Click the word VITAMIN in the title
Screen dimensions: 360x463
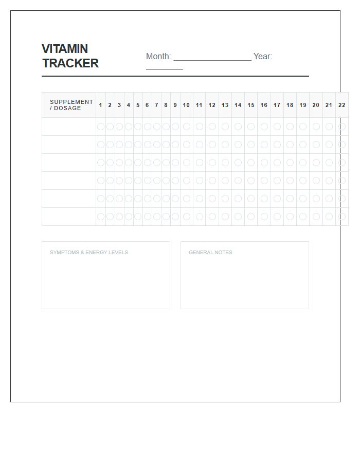pyautogui.click(x=65, y=49)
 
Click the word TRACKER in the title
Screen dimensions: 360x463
pyautogui.click(x=70, y=63)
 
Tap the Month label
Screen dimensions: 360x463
pyautogui.click(x=158, y=57)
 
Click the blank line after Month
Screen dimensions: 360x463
pyautogui.click(x=212, y=58)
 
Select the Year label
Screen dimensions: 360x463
pyautogui.click(x=262, y=57)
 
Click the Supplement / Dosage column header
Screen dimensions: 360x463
pyautogui.click(x=71, y=105)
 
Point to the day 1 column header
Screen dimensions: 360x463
pyautogui.click(x=101, y=105)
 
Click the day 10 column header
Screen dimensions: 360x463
pyautogui.click(x=186, y=105)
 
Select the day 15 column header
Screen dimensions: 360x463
pyautogui.click(x=251, y=105)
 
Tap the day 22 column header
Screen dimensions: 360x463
pyautogui.click(x=342, y=105)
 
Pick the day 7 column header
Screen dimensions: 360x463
pyautogui.click(x=156, y=105)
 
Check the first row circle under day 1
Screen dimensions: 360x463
pyautogui.click(x=101, y=127)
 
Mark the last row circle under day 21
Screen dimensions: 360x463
pyautogui.click(x=329, y=217)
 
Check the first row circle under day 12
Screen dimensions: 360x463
pyautogui.click(x=212, y=127)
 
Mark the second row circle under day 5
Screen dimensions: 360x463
pyautogui.click(x=138, y=145)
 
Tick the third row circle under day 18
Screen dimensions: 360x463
pyautogui.click(x=290, y=163)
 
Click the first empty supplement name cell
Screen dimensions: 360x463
pyautogui.click(x=69, y=127)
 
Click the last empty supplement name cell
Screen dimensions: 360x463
pyautogui.click(x=69, y=217)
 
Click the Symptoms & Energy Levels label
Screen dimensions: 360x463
pyautogui.click(x=89, y=253)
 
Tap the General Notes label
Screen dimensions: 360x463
pyautogui.click(x=210, y=253)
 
